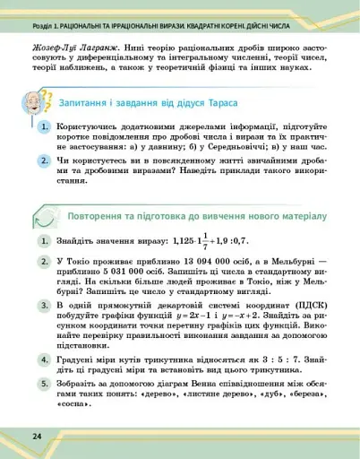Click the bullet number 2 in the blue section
pos(43,160)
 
